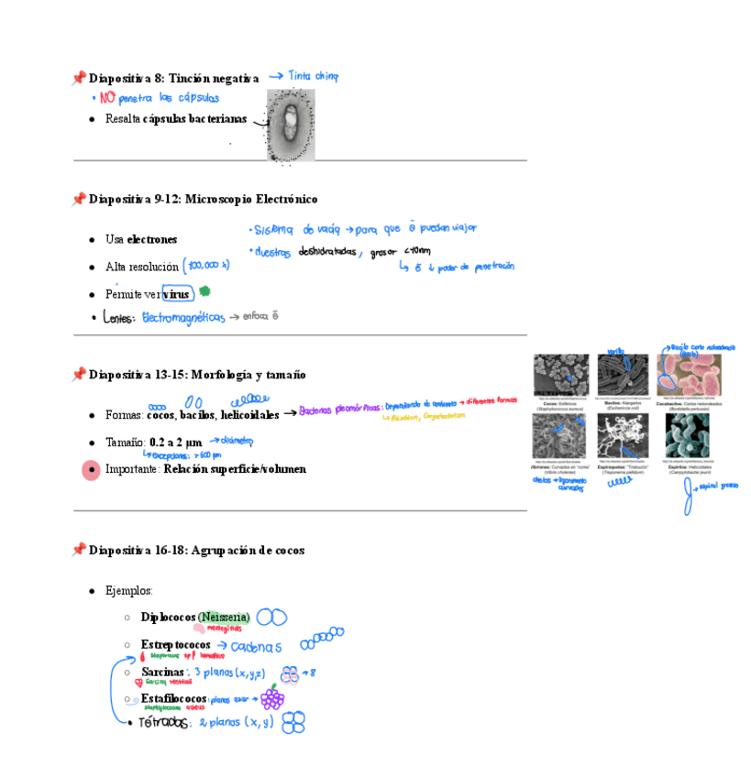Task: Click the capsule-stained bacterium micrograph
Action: tap(291, 126)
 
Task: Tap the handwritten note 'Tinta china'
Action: tap(312, 77)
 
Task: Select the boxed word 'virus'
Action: tap(177, 294)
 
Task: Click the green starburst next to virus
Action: tap(205, 291)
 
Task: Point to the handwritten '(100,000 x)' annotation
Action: tap(206, 266)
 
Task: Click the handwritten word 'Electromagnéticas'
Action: tap(182, 317)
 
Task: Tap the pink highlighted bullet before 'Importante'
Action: tap(91, 470)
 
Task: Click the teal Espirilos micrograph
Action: tap(688, 434)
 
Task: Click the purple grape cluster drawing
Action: tap(272, 699)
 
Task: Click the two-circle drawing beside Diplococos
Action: tap(271, 618)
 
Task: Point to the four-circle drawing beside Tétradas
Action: tap(293, 723)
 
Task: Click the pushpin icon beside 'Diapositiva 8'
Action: tap(79, 79)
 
